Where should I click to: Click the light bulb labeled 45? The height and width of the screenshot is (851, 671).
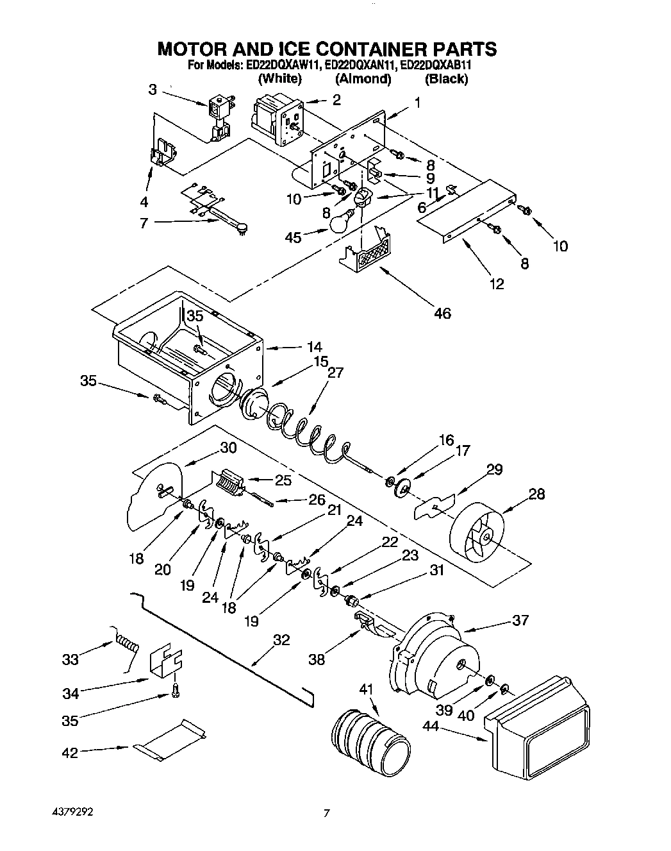[x=341, y=221]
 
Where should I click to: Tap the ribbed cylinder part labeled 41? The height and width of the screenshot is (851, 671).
[x=370, y=738]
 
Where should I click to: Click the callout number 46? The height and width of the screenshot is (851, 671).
[x=442, y=313]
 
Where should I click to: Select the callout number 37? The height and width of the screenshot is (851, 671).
[x=520, y=619]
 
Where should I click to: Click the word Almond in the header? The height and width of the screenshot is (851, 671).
[x=363, y=79]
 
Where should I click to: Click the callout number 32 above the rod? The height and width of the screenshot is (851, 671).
[x=281, y=640]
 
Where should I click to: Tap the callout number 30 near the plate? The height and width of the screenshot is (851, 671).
[x=228, y=448]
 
